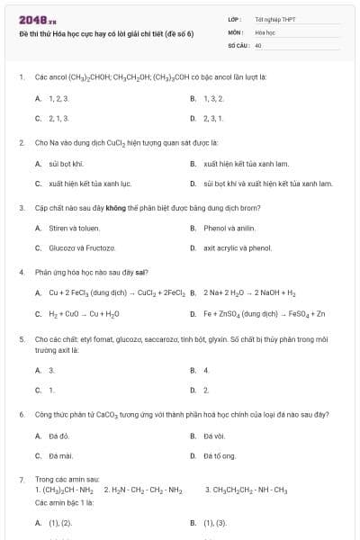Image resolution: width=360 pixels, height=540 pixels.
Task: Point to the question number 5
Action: [21, 340]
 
